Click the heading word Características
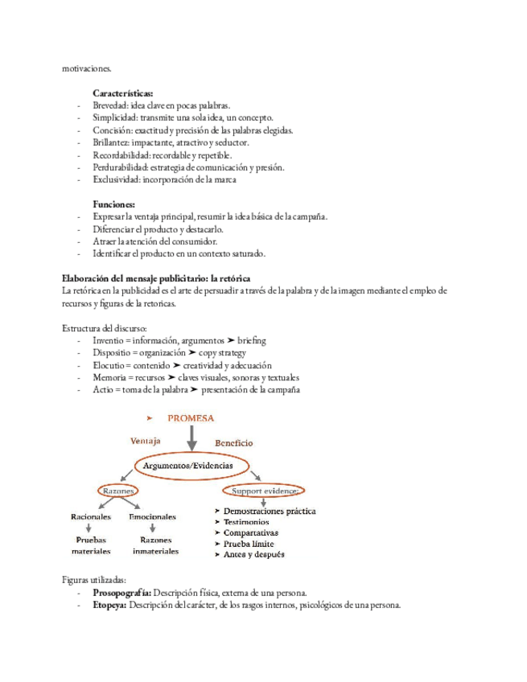pyautogui.click(x=124, y=93)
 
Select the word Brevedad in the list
pyautogui.click(x=109, y=105)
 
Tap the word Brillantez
pyautogui.click(x=111, y=142)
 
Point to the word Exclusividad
pyautogui.click(x=114, y=179)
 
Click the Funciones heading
pyautogui.click(x=113, y=204)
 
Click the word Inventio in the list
pyautogui.click(x=109, y=340)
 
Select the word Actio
pyautogui.click(x=102, y=390)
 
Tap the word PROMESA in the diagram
pyautogui.click(x=191, y=417)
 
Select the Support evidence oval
pyautogui.click(x=266, y=490)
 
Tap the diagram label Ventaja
pyautogui.click(x=146, y=441)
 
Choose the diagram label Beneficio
pyautogui.click(x=233, y=443)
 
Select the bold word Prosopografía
pyautogui.click(x=121, y=593)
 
